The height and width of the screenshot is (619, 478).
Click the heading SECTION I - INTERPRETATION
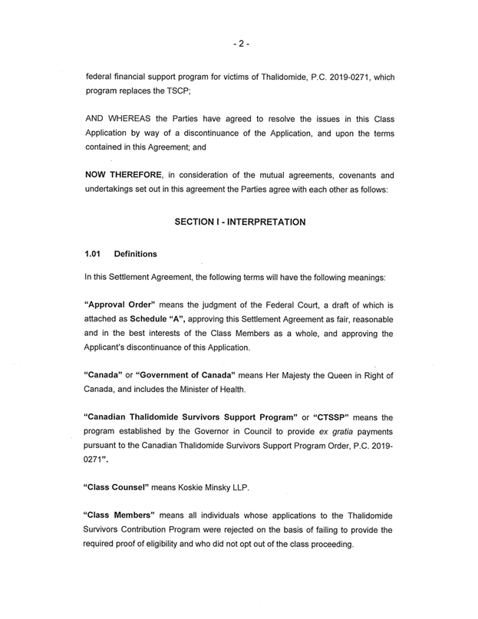coord(240,222)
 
